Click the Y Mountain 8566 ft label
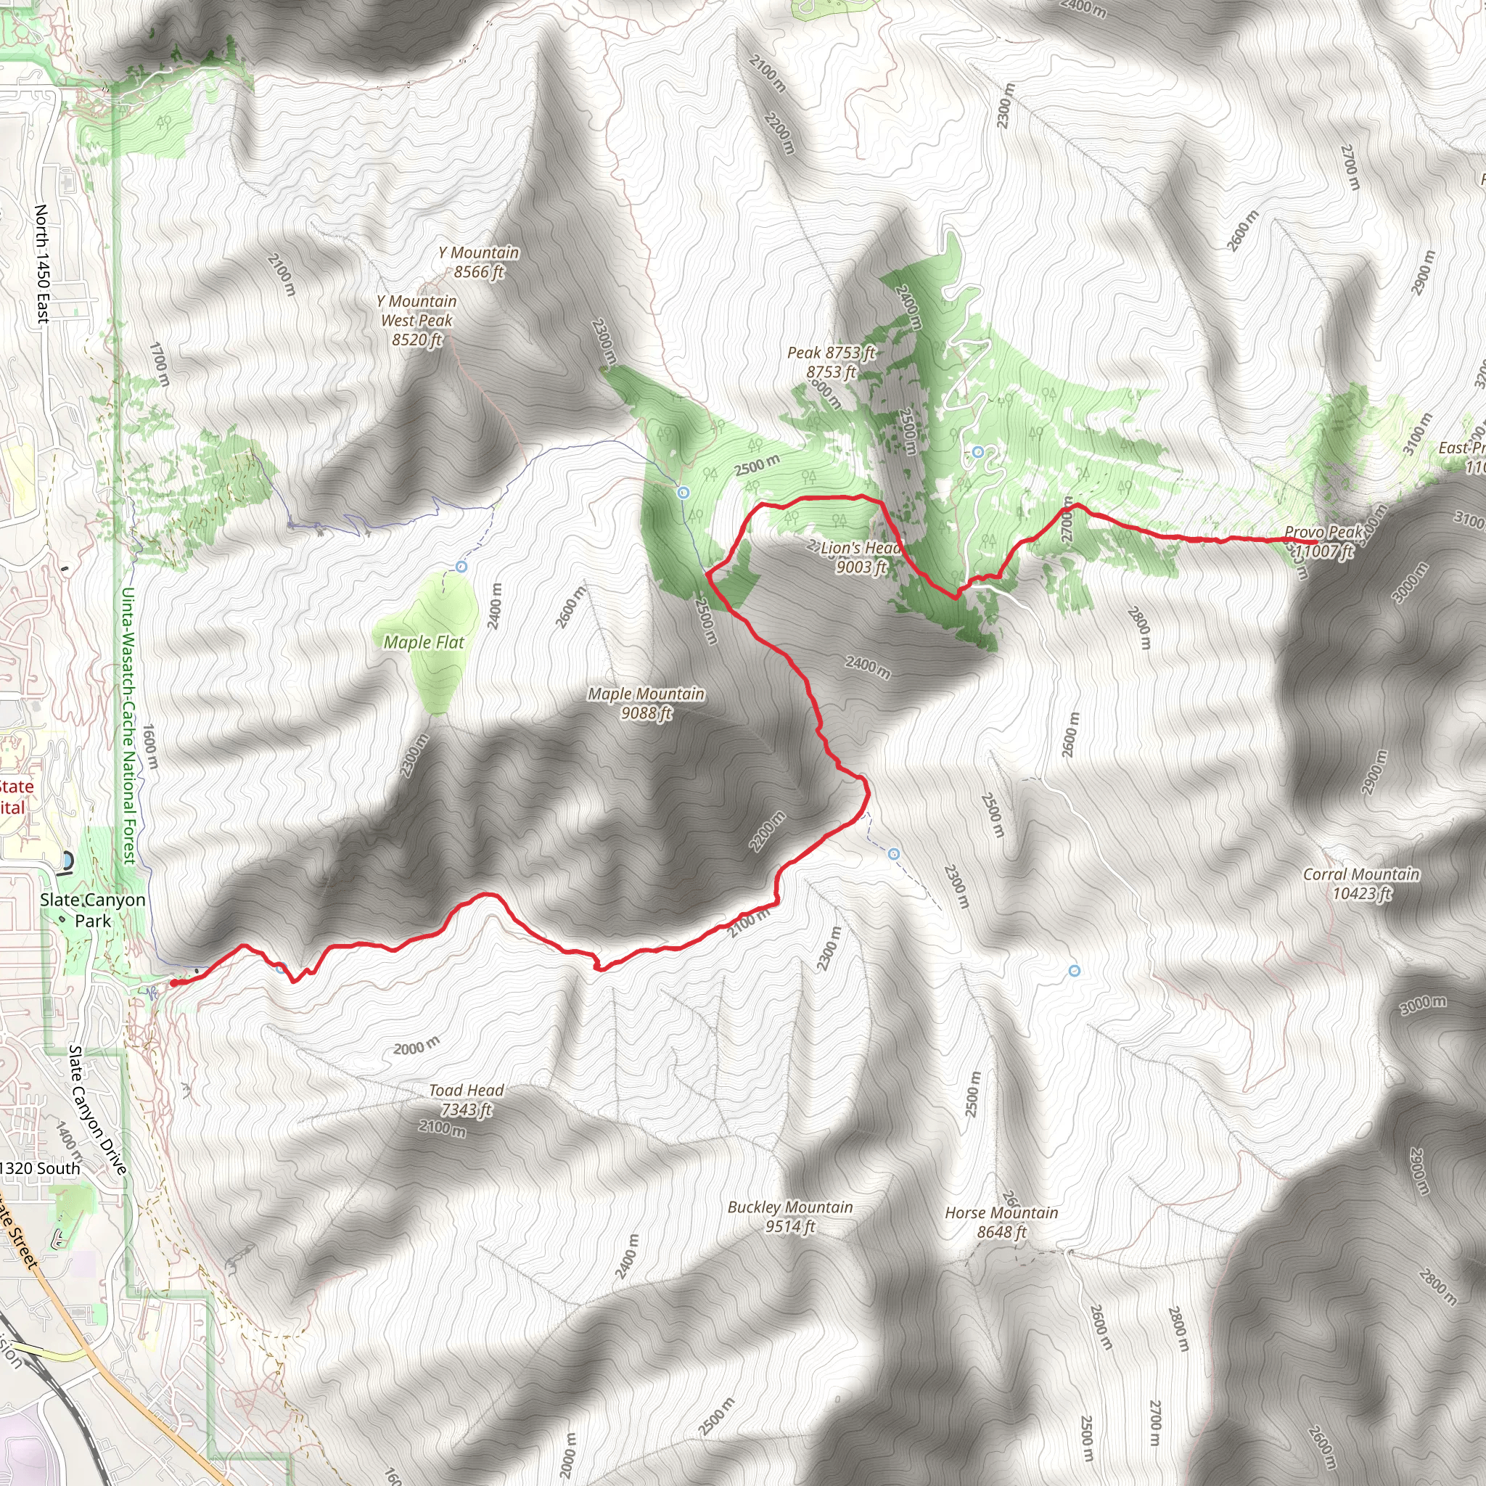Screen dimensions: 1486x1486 [478, 262]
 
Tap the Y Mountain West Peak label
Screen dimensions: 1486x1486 [417, 320]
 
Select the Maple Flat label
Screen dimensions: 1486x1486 [424, 642]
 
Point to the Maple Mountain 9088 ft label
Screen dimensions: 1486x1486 [646, 703]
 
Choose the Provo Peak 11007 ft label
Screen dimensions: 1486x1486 [1323, 541]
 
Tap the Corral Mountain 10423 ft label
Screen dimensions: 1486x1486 [1361, 884]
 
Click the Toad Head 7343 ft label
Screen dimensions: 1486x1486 [466, 1100]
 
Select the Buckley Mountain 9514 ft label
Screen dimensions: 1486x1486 [790, 1217]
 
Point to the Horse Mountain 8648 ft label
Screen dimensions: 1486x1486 [1001, 1222]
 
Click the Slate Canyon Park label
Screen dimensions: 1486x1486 [93, 910]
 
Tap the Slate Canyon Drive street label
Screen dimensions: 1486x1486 [97, 1110]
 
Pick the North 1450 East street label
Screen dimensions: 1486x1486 [41, 264]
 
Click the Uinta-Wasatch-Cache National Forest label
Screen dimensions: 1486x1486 [128, 726]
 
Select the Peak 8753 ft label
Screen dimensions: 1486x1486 [831, 362]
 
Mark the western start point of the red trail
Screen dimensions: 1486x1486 [175, 982]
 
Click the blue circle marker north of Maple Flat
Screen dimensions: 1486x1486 [461, 567]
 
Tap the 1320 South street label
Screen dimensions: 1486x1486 [40, 1168]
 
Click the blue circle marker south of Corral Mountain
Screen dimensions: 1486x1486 [1075, 972]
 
